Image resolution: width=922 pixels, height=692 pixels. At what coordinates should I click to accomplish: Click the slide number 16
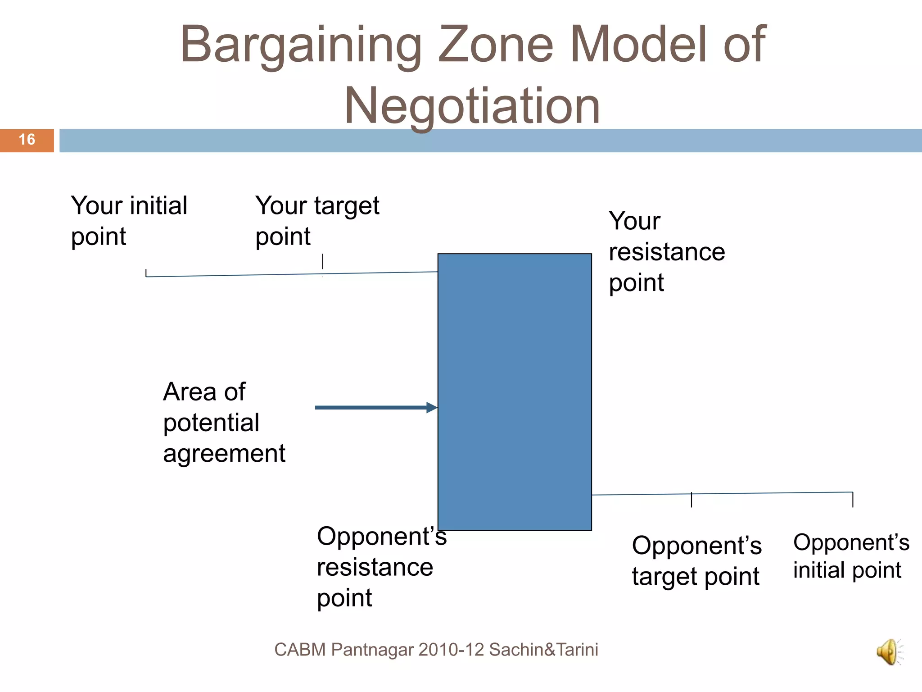27,140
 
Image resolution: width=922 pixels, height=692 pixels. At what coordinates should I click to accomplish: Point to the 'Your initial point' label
129,221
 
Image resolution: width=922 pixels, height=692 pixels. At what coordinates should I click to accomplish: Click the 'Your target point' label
317,221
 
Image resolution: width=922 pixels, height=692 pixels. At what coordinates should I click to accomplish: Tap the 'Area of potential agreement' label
224,422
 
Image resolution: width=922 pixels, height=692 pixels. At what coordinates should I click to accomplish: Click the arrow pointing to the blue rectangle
376,408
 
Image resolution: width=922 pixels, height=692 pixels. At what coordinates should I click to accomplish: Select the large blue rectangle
515,392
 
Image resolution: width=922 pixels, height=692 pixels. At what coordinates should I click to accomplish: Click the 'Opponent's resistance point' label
381,567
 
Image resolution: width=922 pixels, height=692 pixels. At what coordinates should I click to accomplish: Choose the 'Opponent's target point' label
696,561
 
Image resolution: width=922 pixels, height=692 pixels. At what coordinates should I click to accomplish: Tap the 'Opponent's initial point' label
851,556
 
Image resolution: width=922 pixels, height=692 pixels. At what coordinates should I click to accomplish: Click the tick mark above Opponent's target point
691,500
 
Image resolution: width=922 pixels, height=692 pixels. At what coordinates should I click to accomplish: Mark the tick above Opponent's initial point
853,499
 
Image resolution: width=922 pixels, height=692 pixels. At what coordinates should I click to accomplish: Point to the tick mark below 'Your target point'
323,262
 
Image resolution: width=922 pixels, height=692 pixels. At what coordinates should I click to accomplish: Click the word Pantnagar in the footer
372,650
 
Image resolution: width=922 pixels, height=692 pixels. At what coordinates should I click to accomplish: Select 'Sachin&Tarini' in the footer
543,650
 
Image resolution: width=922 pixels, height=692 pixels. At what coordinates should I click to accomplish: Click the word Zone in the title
495,45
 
